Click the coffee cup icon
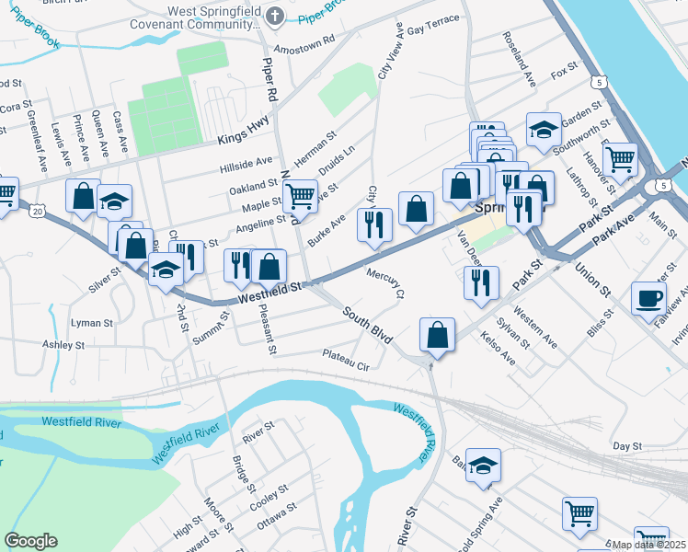648,299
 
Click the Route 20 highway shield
37,211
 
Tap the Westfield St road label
270,293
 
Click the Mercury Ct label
386,282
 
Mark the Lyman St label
92,324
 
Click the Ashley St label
63,345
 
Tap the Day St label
625,445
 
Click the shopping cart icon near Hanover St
621,158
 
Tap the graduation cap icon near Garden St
544,128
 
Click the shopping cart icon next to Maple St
300,196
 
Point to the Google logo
31,541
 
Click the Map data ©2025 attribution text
648,545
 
